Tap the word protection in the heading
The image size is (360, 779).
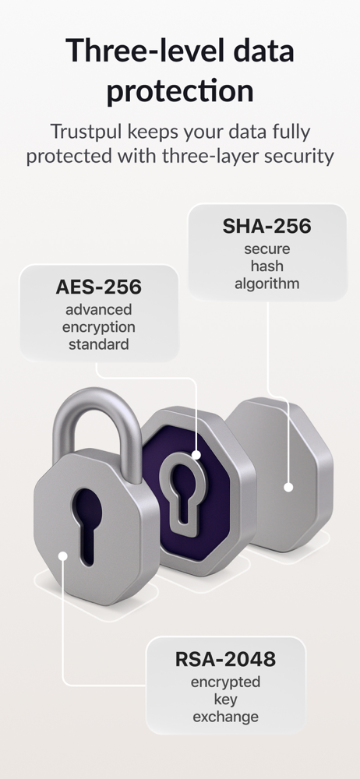(x=180, y=90)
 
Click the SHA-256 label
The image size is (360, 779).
(x=266, y=226)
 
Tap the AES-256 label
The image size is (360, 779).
(x=98, y=287)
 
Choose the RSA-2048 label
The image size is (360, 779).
(x=225, y=659)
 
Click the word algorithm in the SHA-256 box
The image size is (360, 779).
(x=267, y=284)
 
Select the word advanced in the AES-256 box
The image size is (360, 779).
(x=98, y=309)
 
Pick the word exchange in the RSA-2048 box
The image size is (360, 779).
(x=226, y=717)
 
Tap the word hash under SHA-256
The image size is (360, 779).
(x=267, y=266)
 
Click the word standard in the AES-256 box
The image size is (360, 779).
(x=98, y=344)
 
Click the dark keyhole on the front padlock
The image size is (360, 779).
(x=86, y=524)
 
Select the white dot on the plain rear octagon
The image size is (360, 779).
(x=288, y=488)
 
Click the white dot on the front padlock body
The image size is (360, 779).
(x=62, y=555)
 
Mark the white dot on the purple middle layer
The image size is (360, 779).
(x=196, y=455)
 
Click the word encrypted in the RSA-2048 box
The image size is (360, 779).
(x=225, y=682)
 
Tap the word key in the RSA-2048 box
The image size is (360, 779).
(x=226, y=700)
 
